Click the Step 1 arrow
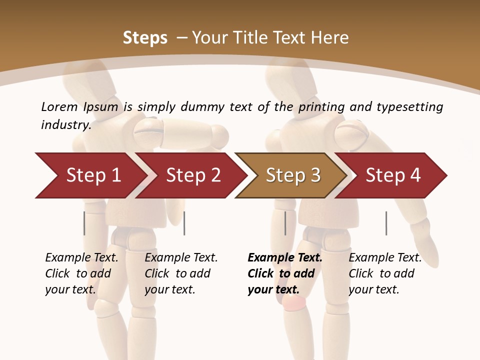click(x=90, y=175)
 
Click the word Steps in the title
click(x=145, y=38)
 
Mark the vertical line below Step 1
click(x=84, y=223)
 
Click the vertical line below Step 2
click(x=184, y=223)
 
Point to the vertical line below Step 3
click(x=285, y=223)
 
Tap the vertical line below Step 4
click(x=386, y=223)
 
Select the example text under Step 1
click(x=81, y=273)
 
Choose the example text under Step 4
click(x=385, y=273)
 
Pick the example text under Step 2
click(x=181, y=273)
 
